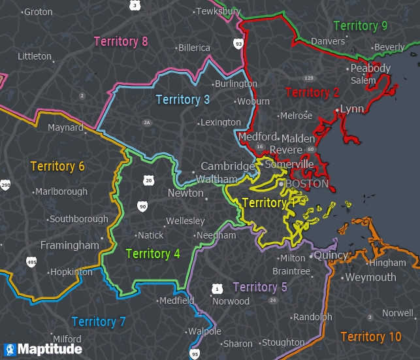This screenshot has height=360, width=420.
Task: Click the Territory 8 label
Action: [121, 42]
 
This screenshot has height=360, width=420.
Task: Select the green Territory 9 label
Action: [361, 26]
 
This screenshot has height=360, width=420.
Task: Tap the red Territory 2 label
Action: [312, 92]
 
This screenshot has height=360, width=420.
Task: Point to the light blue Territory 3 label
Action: [183, 99]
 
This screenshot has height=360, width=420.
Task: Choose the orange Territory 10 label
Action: [371, 336]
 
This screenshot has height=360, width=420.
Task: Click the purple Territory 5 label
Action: [259, 287]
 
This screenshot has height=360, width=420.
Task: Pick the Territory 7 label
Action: [99, 321]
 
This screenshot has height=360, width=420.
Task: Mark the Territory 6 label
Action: [57, 166]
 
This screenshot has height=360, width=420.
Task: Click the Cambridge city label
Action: [227, 166]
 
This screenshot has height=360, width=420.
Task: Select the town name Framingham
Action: [69, 246]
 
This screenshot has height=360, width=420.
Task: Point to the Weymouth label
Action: [370, 277]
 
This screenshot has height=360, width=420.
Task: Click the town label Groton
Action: [38, 12]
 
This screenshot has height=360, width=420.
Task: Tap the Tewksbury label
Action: [219, 12]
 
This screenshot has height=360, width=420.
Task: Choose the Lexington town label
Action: [221, 122]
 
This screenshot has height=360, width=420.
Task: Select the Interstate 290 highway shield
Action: [5, 185]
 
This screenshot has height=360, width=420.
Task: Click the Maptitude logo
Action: [43, 350]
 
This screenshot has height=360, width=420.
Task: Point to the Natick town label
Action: [150, 235]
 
